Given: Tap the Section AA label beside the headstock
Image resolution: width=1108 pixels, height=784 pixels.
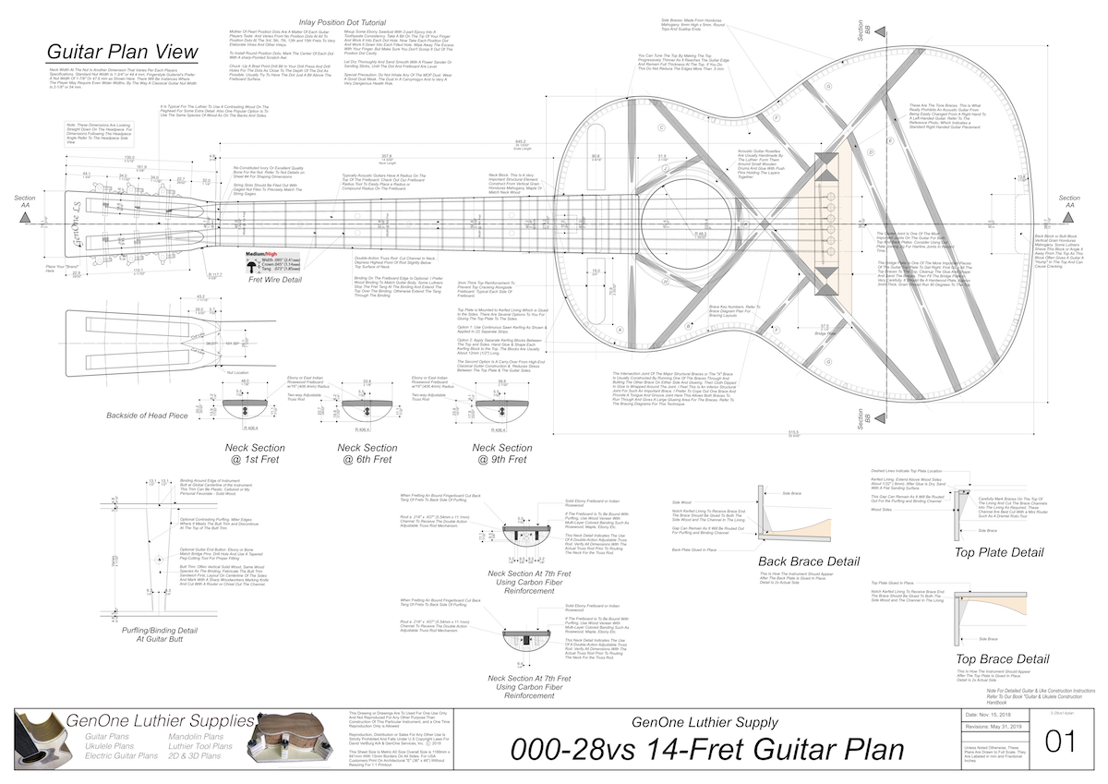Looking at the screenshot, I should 25,203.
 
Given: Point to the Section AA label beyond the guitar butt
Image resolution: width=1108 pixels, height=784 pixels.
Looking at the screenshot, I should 1069,203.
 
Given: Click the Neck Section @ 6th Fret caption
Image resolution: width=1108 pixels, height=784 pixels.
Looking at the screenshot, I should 367,453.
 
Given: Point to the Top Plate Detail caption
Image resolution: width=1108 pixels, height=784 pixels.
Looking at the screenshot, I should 999,552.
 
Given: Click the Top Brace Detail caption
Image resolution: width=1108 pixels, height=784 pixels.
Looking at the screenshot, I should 1002,658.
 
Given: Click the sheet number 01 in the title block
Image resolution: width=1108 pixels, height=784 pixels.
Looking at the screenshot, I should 1058,742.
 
